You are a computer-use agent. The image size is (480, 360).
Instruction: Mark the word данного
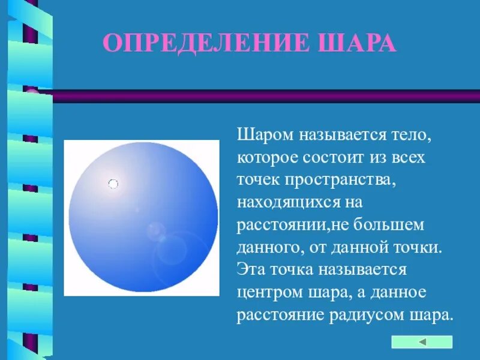coord(268,248)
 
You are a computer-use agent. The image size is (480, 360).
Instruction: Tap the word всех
coord(409,158)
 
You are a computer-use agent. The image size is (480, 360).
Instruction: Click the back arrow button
coord(421,342)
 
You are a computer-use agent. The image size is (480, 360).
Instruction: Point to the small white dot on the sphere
coord(113,184)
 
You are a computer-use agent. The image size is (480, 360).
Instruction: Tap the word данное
coord(401,293)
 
